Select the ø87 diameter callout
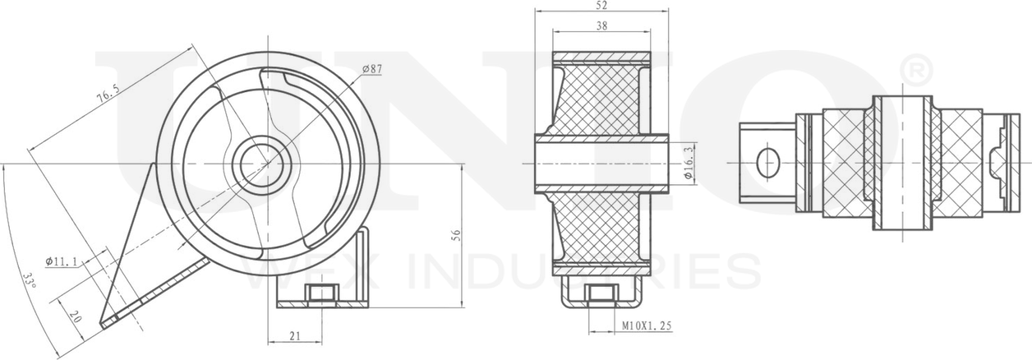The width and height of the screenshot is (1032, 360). [372, 70]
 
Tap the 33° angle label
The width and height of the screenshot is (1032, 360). [30, 284]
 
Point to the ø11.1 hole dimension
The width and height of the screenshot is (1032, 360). [62, 262]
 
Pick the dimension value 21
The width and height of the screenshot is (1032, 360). [295, 335]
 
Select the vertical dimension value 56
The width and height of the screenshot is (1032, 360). [456, 235]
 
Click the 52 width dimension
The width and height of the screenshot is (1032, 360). [601, 6]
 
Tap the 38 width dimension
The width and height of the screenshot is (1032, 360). [601, 26]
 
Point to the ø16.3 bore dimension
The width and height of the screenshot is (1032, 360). [689, 163]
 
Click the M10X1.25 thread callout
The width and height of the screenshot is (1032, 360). [647, 326]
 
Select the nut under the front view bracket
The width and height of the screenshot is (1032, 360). [320, 293]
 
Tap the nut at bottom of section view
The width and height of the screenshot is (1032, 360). [601, 293]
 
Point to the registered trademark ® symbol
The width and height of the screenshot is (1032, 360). [916, 71]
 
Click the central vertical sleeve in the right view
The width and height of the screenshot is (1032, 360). [902, 162]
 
